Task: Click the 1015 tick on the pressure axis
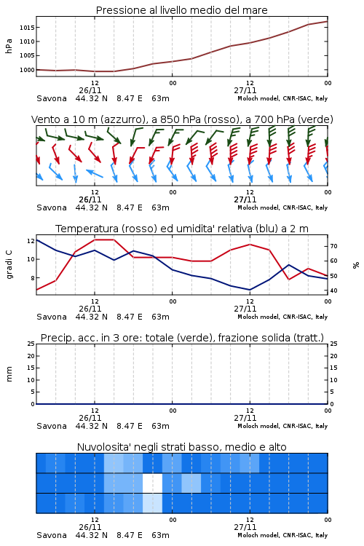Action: pos(26,28)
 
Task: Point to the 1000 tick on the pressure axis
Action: pos(26,70)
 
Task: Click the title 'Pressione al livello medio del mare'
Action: pos(182,10)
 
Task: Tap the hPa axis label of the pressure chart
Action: pos(9,46)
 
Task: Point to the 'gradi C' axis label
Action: pos(9,265)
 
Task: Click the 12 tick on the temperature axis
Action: pos(31,241)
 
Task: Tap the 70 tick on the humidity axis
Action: pos(333,246)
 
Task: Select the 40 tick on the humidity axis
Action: pos(333,290)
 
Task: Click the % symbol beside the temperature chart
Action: pos(356,265)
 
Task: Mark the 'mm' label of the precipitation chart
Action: pos(9,374)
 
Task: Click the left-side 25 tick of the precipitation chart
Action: pos(31,344)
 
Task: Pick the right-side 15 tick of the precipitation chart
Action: pos(333,368)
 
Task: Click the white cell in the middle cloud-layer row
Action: pos(153,483)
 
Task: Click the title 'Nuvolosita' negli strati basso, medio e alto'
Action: pos(182,447)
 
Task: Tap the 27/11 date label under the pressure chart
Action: pos(245,90)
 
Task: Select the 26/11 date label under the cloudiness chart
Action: pos(90,527)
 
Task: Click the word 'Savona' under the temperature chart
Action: pos(52,317)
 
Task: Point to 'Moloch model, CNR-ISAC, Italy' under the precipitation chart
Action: pos(282,426)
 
